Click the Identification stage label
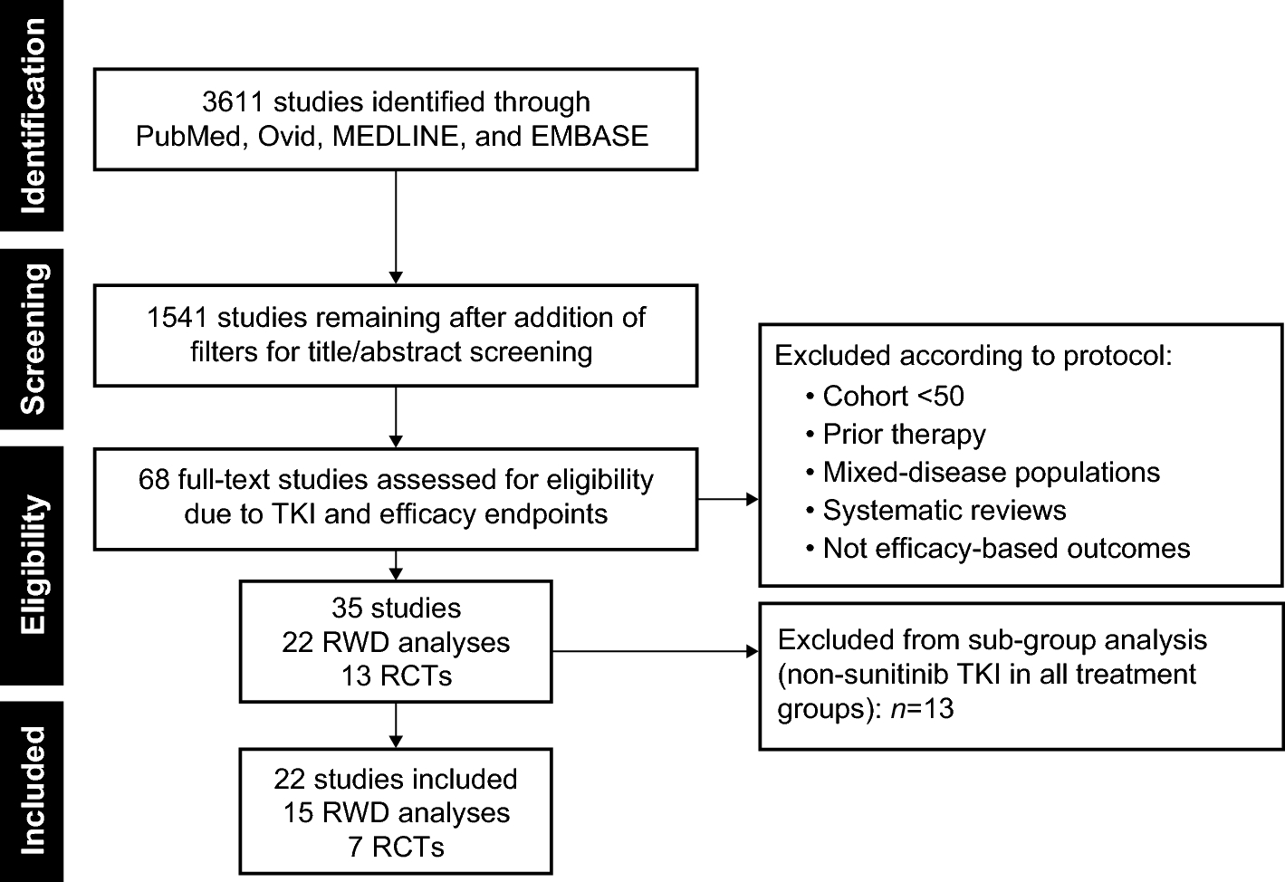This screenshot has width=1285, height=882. [33, 115]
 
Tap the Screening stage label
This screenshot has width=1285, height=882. [33, 339]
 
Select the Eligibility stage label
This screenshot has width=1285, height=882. [33, 564]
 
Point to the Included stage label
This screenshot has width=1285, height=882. [33, 791]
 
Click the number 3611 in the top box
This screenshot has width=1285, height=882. [233, 102]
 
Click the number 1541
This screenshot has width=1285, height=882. [177, 318]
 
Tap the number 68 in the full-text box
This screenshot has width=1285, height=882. [154, 479]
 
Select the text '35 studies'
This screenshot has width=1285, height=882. [396, 608]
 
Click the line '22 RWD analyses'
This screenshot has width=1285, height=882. [396, 642]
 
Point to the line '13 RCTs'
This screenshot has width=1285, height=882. [396, 676]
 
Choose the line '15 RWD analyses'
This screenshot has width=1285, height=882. [396, 813]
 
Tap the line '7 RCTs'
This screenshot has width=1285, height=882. [396, 847]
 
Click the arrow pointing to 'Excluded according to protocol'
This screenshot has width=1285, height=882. [728, 498]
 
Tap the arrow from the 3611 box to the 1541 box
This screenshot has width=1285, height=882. [396, 226]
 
